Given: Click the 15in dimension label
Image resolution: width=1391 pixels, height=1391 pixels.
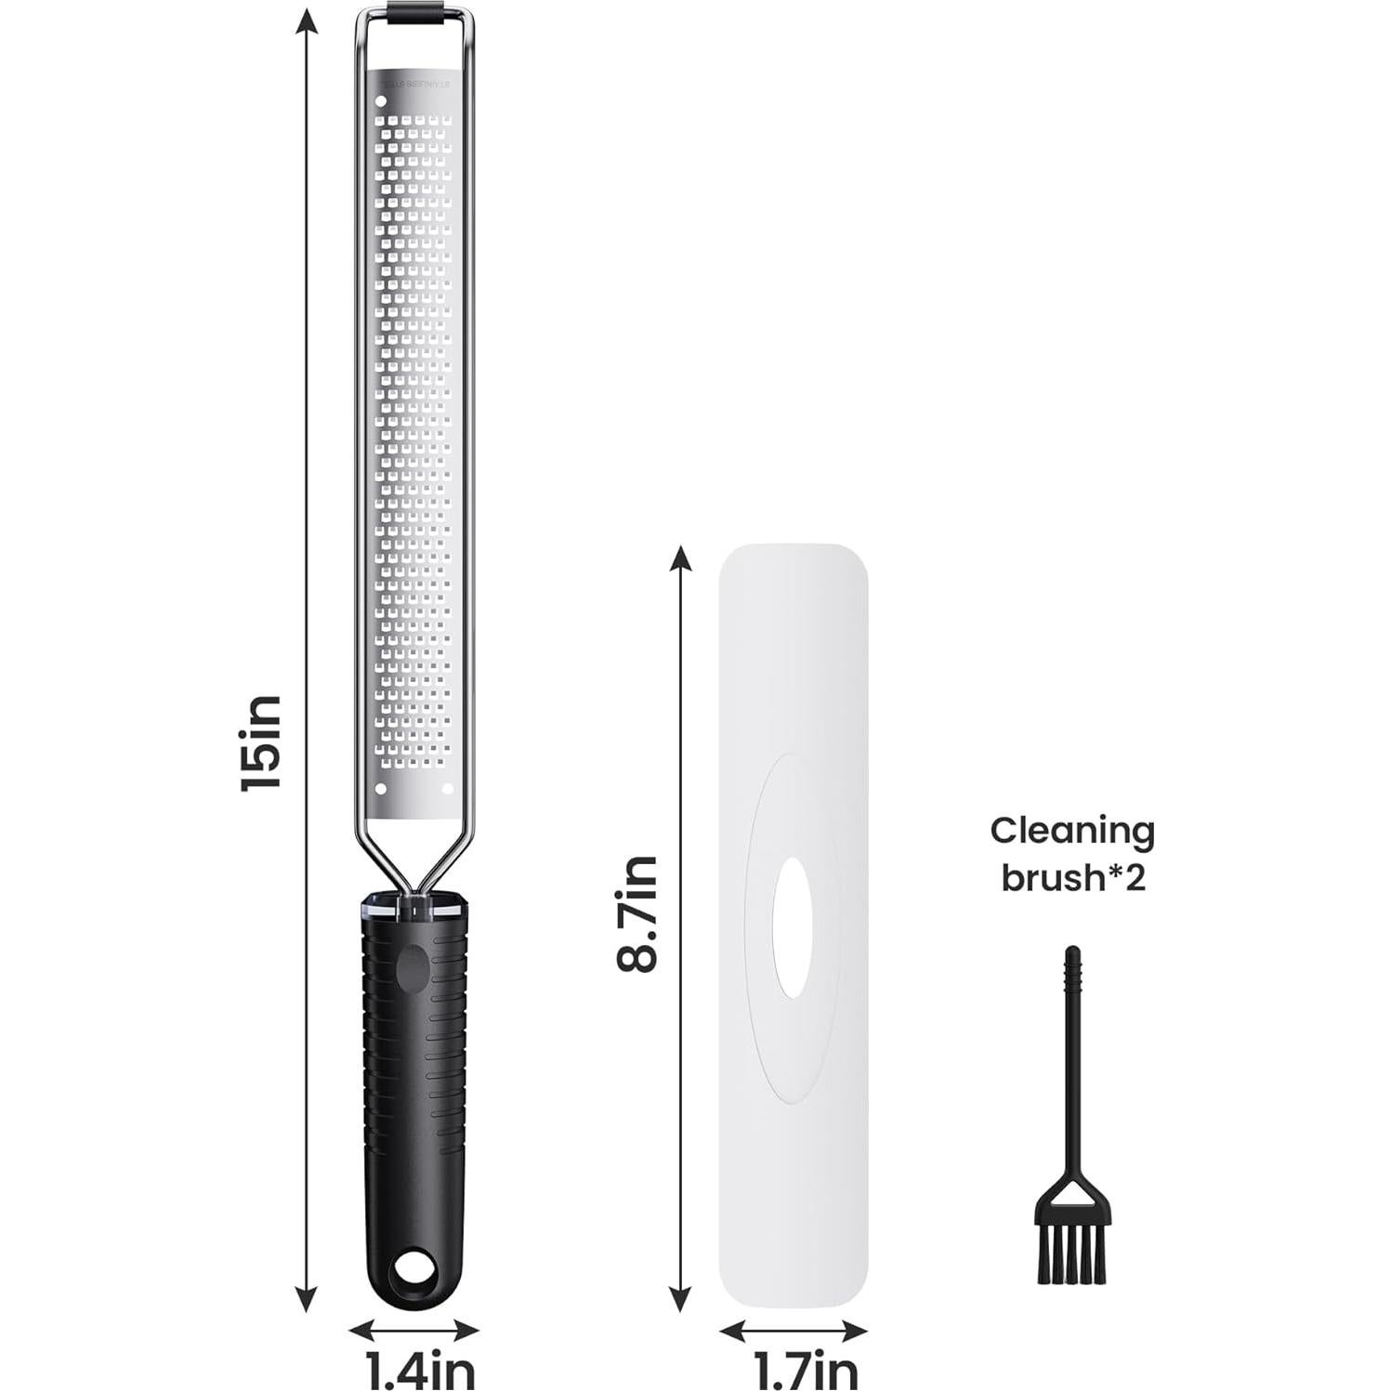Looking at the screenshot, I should click(x=259, y=742).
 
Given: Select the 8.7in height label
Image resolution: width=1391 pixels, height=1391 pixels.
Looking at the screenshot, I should click(x=636, y=913).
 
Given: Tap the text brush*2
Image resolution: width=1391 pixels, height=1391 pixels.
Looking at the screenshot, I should click(x=1072, y=878).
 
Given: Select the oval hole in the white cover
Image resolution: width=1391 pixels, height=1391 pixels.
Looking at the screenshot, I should click(x=793, y=928).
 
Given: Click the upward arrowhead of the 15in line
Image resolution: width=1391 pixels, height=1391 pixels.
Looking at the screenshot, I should click(x=308, y=20).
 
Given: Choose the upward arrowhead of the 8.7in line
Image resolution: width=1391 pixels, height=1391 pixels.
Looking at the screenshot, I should click(x=681, y=558).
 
